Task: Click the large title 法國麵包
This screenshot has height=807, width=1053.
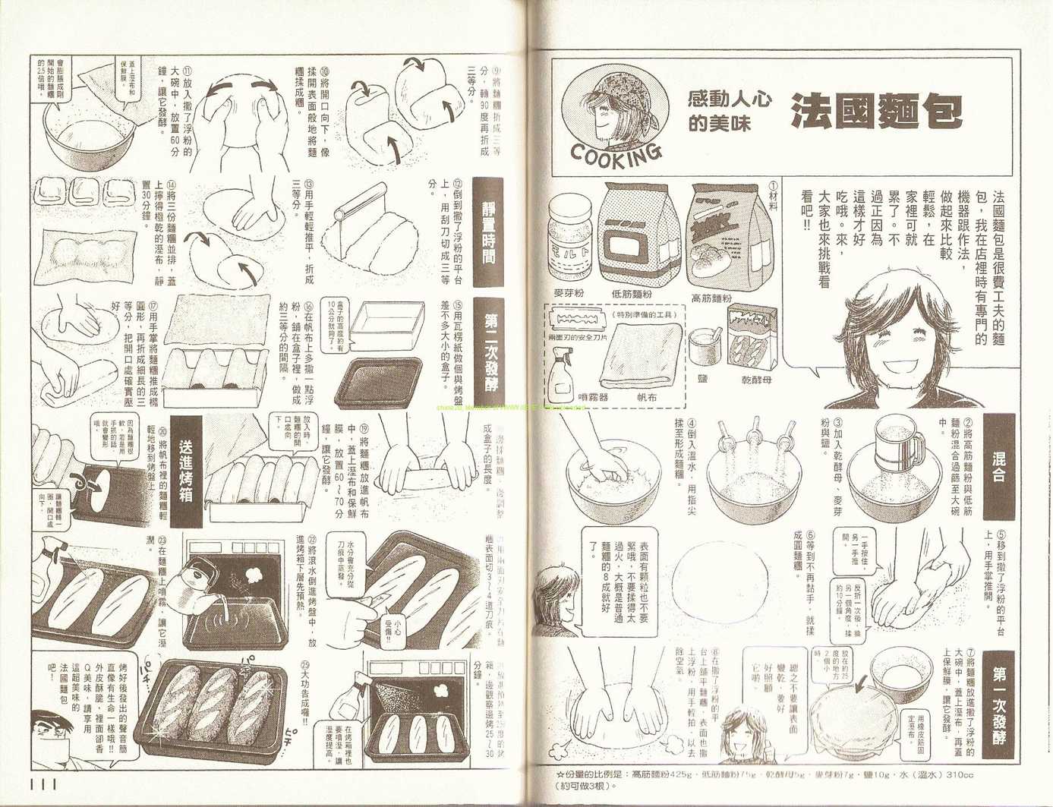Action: [875, 112]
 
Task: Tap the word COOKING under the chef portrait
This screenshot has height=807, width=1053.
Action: [615, 155]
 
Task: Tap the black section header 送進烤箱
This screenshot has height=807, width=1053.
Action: [186, 471]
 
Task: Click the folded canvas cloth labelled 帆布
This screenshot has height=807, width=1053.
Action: [639, 357]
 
